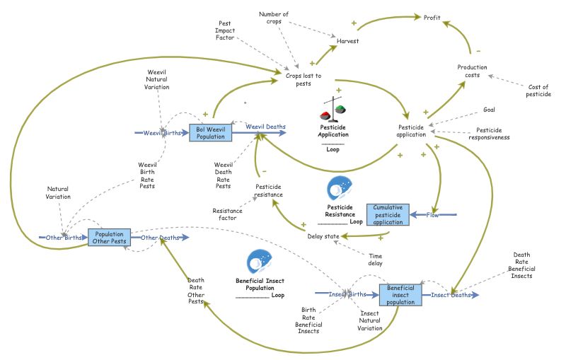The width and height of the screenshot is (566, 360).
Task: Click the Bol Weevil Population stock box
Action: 210,132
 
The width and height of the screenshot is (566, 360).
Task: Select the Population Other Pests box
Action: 109,238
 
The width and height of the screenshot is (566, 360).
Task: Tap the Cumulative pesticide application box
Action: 388,214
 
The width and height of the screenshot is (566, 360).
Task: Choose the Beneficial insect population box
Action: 400,294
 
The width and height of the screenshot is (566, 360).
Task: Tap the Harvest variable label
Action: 347,41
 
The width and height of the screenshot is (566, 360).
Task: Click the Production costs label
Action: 472,71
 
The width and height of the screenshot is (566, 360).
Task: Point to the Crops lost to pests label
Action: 304,79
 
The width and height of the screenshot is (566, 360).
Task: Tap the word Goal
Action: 489,110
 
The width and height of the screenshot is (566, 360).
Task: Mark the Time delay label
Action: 376,259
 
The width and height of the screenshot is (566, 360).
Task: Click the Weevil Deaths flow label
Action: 265,127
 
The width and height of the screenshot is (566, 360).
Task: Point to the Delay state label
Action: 324,236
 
